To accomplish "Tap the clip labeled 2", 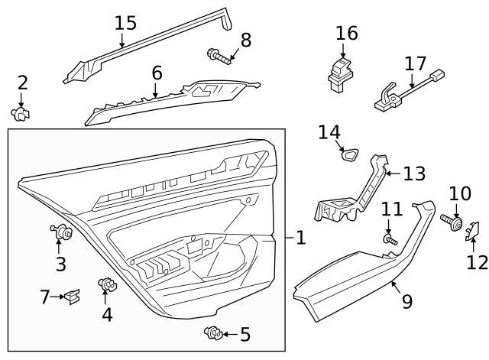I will [x=21, y=114].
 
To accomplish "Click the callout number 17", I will [x=416, y=63].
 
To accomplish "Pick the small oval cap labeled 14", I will [x=351, y=155].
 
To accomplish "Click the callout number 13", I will [x=413, y=174].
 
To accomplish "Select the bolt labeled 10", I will [x=454, y=222].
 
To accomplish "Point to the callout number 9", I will [x=406, y=301].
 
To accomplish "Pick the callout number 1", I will [x=300, y=238].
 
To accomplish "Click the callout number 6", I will [x=157, y=73].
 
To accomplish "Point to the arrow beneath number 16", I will [x=345, y=51].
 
